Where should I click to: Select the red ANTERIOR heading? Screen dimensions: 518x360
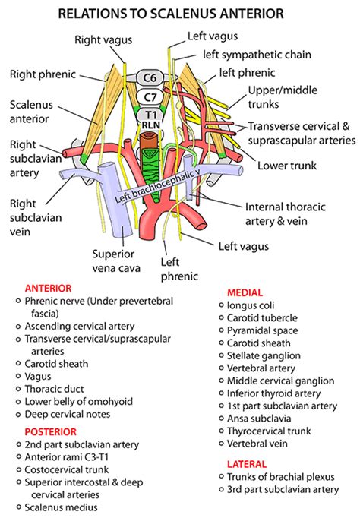coord(48,289)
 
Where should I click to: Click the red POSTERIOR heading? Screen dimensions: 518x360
coord(49,431)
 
